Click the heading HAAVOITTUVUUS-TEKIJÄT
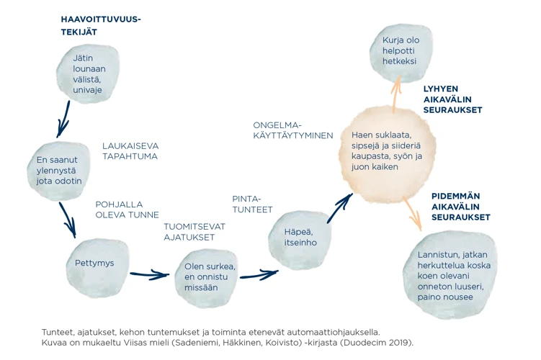coord(100,26)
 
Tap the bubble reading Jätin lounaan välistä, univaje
coord(88,73)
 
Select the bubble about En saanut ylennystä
coord(59,170)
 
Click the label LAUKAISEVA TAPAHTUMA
coord(130,150)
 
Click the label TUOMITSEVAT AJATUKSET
coord(194,232)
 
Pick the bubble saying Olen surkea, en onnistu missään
coord(210,276)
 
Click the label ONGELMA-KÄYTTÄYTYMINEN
coord(292,130)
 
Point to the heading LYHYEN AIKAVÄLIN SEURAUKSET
coord(452,99)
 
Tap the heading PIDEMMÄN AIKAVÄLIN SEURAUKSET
coord(461,207)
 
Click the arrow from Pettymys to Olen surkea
coord(150,274)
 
